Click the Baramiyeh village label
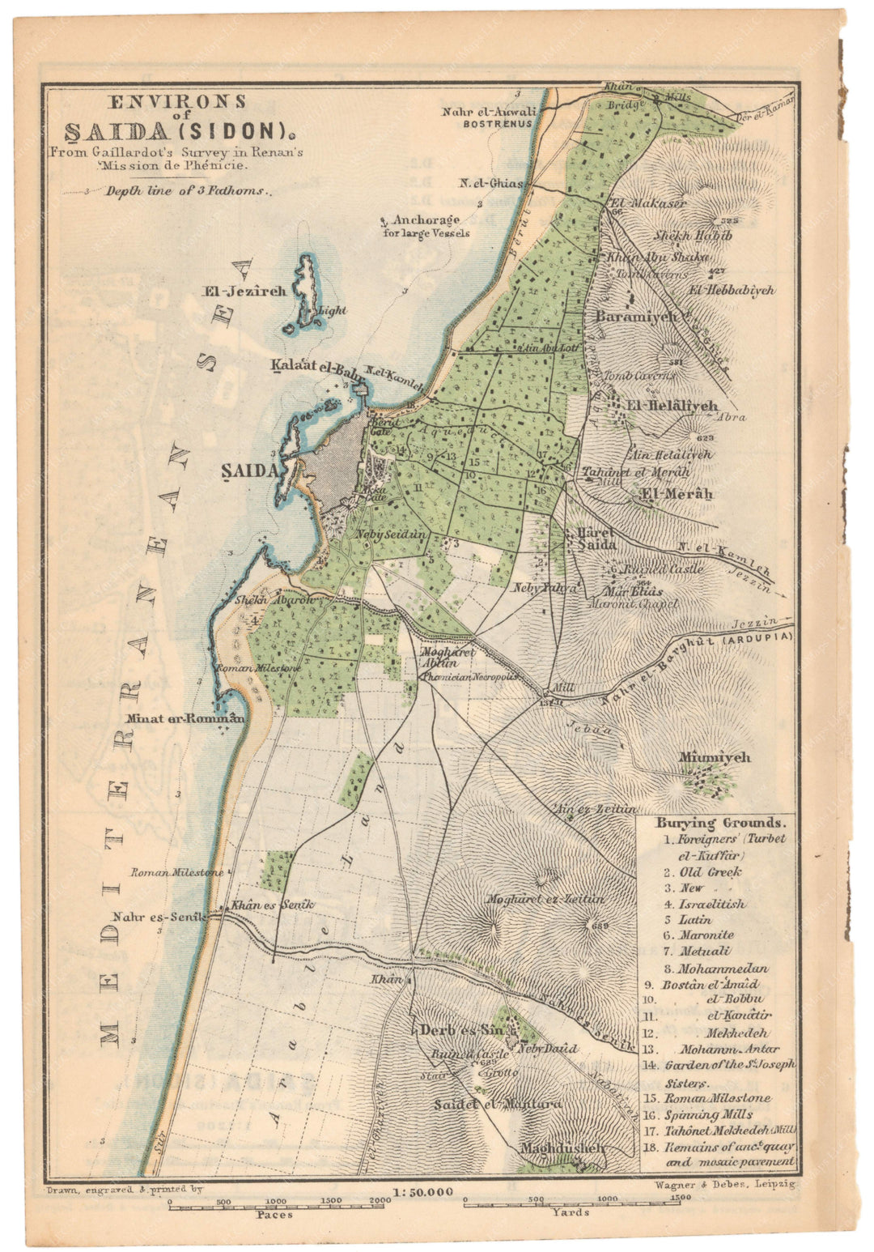[636, 317]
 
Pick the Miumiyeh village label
[715, 758]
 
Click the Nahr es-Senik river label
[159, 917]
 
